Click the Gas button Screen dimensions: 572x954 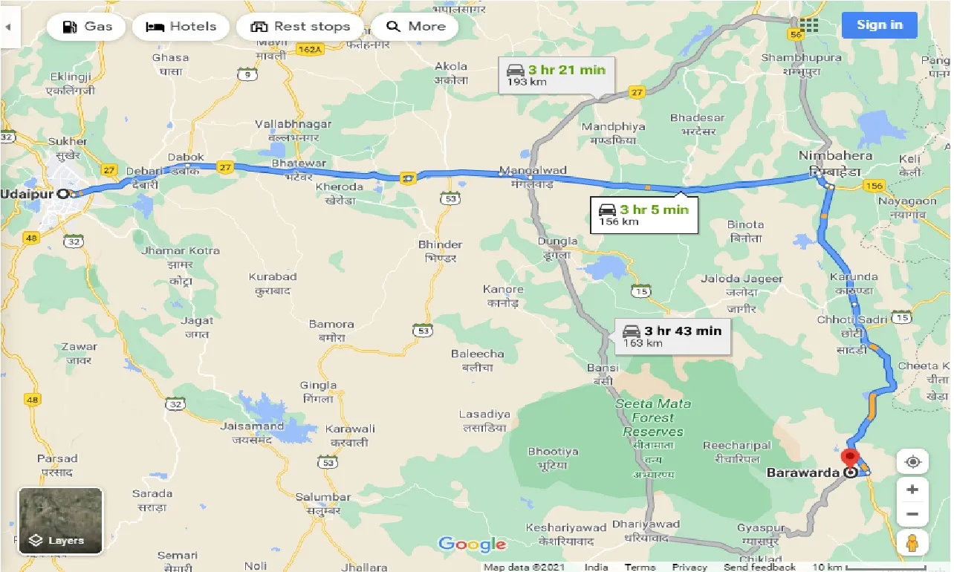pos(88,27)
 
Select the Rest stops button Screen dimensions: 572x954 pos(299,27)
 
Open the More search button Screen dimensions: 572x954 pos(415,27)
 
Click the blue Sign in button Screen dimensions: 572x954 pos(879,25)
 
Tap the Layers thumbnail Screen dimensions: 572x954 pos(60,521)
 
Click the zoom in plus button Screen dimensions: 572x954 pos(912,490)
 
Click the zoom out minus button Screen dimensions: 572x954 pos(912,514)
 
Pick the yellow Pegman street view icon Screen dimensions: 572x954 pos(912,544)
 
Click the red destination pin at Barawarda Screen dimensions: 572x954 pos(851,458)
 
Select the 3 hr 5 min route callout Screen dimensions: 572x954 pos(644,214)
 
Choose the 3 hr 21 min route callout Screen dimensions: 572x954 pos(556,74)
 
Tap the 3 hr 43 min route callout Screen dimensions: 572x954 pos(672,336)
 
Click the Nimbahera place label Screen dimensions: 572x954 pos(834,156)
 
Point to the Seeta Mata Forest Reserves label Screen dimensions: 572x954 pos(653,417)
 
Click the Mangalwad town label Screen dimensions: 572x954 pos(532,170)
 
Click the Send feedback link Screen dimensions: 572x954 pos(760,567)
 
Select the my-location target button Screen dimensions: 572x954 pos(912,461)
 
